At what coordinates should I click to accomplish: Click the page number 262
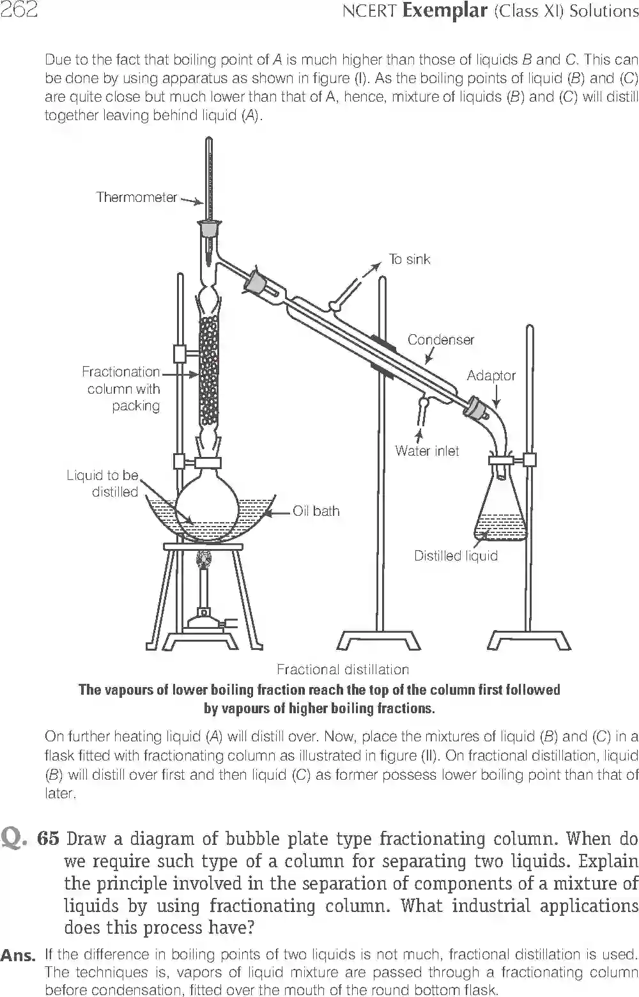coord(19,11)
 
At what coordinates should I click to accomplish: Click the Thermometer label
coord(136,197)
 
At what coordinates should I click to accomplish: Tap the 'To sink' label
coord(410,259)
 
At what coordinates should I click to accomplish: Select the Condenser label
coord(441,340)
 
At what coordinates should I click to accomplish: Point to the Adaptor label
coord(491,376)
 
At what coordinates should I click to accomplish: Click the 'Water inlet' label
coord(427,451)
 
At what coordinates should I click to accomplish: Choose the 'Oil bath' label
coord(316,511)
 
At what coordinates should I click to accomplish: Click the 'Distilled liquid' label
coord(456,556)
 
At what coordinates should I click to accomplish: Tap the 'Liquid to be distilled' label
coord(102,484)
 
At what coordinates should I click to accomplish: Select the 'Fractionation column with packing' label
coord(121,389)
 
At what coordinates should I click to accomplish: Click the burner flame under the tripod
coord(205,559)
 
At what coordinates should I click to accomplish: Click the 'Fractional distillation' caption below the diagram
coord(343,670)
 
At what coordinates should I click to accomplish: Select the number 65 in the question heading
coord(49,839)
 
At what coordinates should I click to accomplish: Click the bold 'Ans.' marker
coord(18,956)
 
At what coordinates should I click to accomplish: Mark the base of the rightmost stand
coord(529,640)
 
